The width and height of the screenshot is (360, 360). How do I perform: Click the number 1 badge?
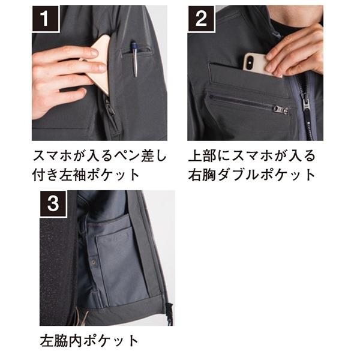click(46, 19)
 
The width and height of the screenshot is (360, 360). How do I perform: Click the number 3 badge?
click(53, 205)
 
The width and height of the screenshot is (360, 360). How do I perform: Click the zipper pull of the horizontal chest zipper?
click(280, 110)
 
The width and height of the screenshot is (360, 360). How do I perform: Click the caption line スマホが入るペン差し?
click(99, 157)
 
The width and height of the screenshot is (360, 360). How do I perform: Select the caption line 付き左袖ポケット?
click(88, 175)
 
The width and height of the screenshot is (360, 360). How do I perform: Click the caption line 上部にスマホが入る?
click(251, 157)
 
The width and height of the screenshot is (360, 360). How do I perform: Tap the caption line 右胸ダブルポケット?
click(251, 175)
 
